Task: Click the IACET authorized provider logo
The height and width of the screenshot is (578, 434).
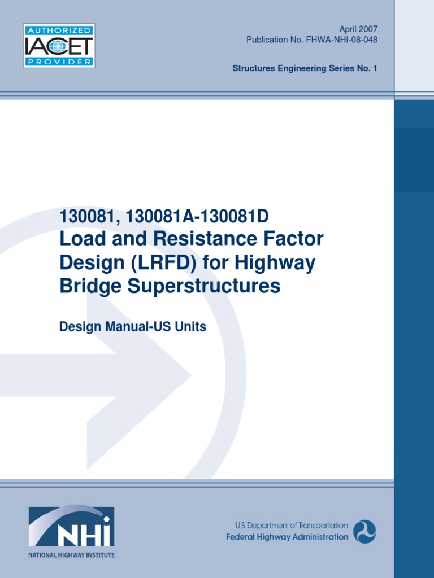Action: (59, 45)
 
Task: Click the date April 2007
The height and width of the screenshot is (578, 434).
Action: (358, 29)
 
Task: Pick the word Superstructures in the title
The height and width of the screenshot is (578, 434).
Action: (204, 286)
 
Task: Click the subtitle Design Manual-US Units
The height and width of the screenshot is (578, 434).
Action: (133, 327)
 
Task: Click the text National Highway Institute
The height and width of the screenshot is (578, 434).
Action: (71, 555)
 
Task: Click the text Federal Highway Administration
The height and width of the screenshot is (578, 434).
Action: (287, 537)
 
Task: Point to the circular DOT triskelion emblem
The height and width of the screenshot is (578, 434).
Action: (364, 531)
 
